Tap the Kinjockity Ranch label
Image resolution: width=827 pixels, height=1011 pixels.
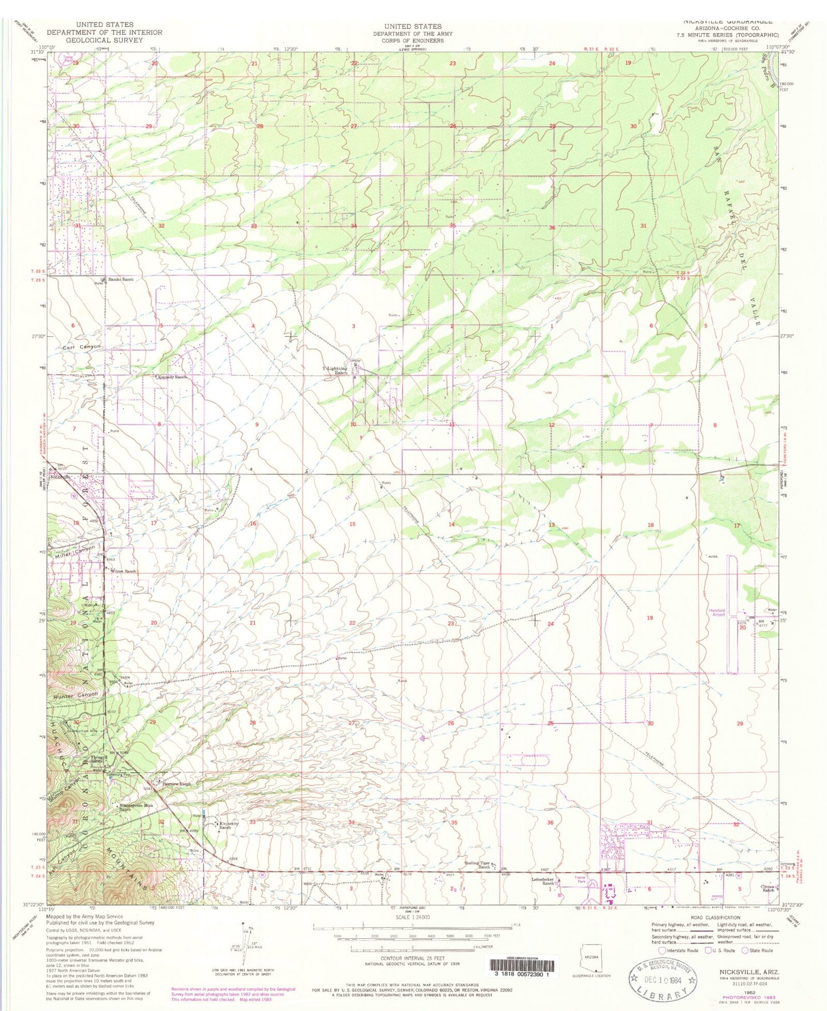(229, 825)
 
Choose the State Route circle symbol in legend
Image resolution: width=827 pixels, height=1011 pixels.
(745, 950)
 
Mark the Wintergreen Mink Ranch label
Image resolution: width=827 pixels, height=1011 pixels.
(133, 807)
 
